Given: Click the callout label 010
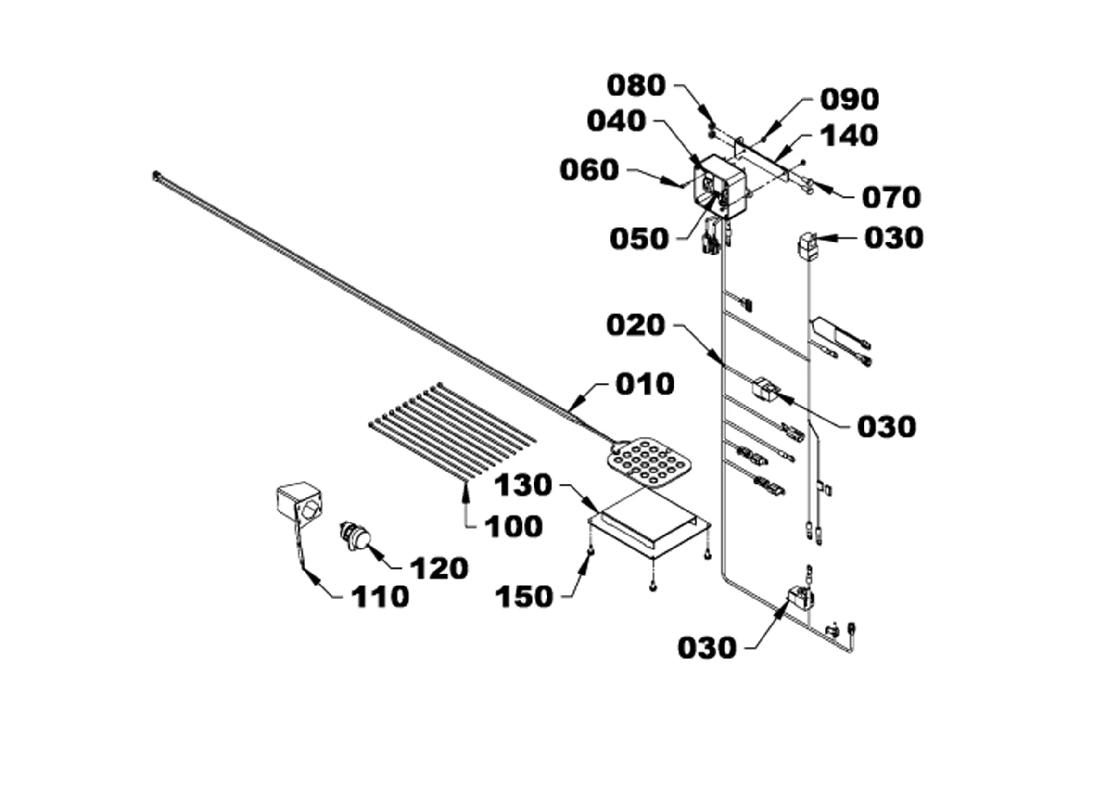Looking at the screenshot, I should (x=645, y=384).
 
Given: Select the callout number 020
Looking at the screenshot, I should (x=636, y=325).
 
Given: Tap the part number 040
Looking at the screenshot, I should (x=616, y=121).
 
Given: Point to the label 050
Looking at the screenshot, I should (x=639, y=239).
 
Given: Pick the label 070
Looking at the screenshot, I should (x=891, y=198).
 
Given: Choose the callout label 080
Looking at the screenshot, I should (x=636, y=85).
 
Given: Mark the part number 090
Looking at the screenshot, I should (x=850, y=100).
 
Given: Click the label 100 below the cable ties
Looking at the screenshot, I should (x=513, y=526).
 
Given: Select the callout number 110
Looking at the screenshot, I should (x=380, y=597).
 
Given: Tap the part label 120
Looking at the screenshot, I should (x=439, y=568).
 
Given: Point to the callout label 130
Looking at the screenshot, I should (x=523, y=485).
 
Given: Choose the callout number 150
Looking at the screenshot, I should (x=524, y=597).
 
